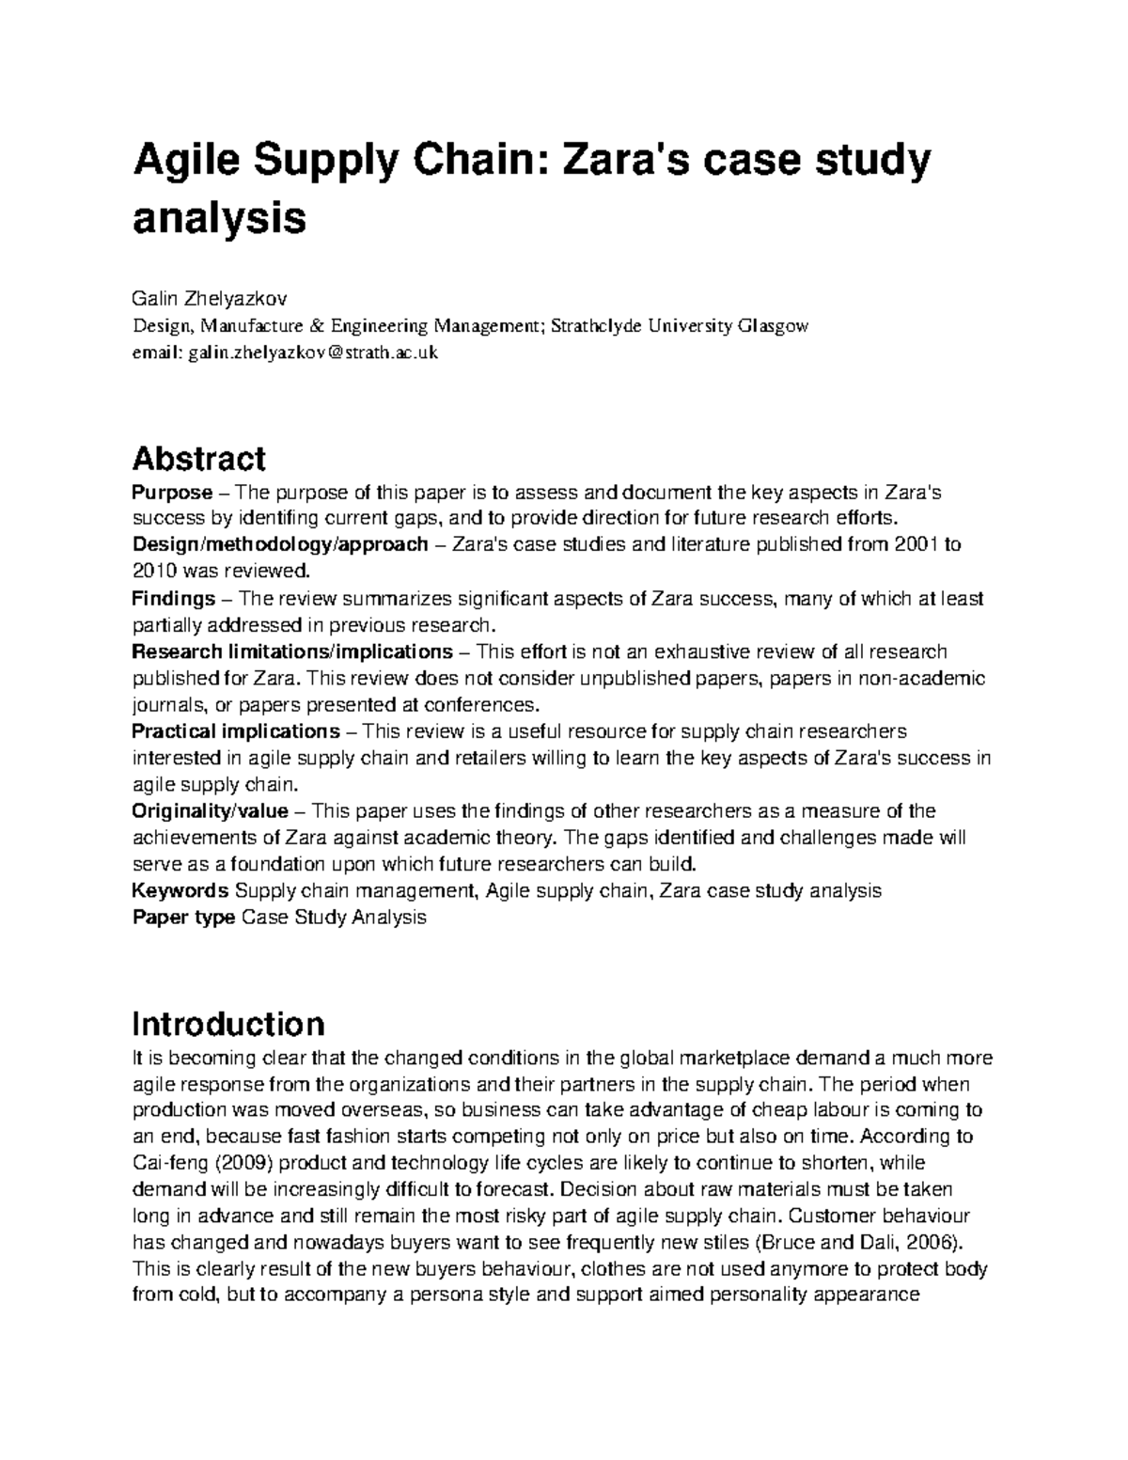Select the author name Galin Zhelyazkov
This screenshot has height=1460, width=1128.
click(209, 300)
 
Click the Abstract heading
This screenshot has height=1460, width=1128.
click(198, 459)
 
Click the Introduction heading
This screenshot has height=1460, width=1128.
click(228, 1023)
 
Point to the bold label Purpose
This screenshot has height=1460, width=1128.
click(172, 492)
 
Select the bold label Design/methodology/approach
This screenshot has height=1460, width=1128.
click(280, 544)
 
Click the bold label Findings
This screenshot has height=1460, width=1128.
click(174, 598)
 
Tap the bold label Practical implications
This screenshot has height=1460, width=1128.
click(236, 730)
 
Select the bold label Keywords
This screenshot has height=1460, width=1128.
click(180, 890)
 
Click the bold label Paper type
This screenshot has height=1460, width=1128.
click(183, 917)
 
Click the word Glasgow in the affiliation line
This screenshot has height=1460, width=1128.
click(773, 326)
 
